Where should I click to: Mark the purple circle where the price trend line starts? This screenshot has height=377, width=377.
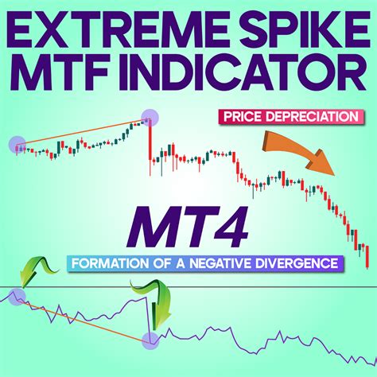click(17, 145)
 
